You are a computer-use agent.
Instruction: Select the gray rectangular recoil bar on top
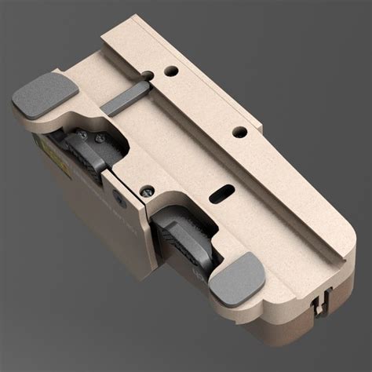coord(128,100)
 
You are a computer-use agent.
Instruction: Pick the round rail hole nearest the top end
coord(172,71)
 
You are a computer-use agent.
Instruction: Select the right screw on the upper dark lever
coord(99,140)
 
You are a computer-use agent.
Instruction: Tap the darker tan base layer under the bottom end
coord(298,314)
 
